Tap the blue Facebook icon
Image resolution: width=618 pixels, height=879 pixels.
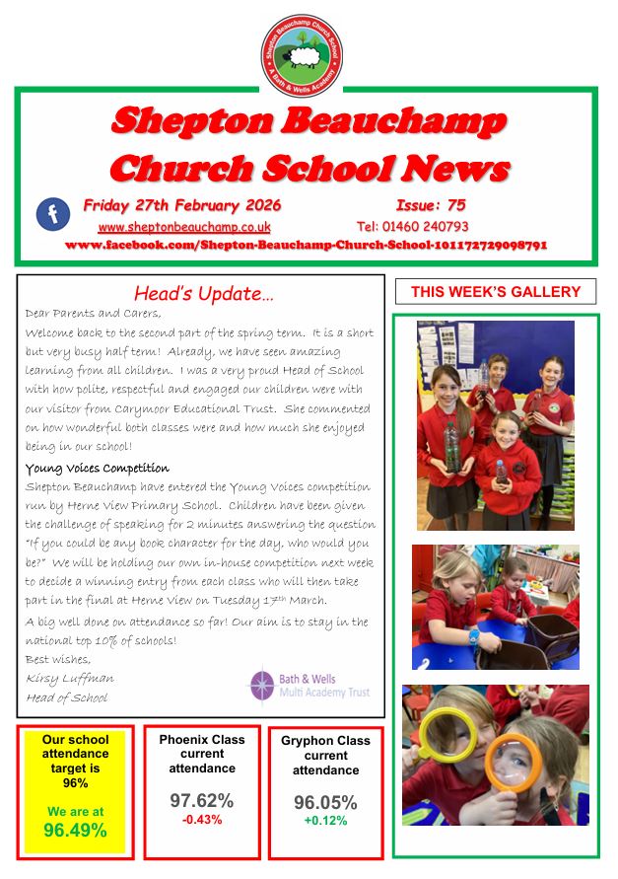[x=52, y=214]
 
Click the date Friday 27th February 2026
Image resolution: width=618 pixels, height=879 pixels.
[x=182, y=205]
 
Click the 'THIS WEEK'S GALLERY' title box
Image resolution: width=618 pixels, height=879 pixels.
[x=496, y=291]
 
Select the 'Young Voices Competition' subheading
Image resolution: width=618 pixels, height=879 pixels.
[x=97, y=468]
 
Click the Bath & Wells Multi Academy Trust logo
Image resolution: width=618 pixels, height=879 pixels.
[x=309, y=686]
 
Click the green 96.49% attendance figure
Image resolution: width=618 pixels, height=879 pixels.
[x=75, y=831]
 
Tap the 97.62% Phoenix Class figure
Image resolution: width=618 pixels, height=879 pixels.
[x=202, y=800]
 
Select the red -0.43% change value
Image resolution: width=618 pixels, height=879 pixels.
[x=201, y=820]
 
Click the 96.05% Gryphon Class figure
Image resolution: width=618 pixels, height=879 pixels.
[x=325, y=802]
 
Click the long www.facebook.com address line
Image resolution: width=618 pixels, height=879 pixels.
[x=306, y=244]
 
